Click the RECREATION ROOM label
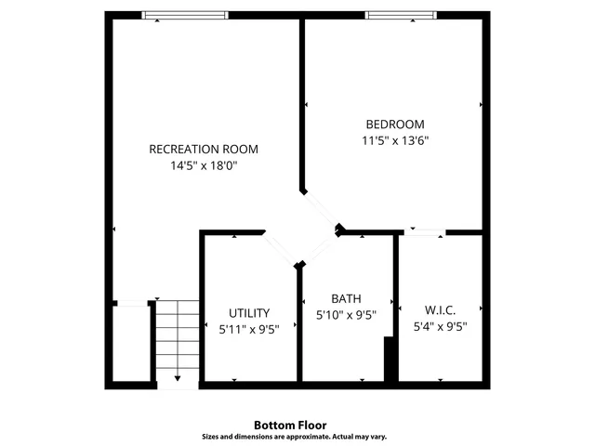coord(204,149)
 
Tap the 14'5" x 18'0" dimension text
coord(204,166)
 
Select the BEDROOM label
coord(395,125)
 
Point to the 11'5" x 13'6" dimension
coord(395,141)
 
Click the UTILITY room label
coord(249,313)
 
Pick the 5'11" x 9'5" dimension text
coord(249,329)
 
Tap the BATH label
coord(346,298)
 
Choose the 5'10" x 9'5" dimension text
coord(346,315)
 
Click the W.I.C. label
coord(440,309)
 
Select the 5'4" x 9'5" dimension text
coord(440,326)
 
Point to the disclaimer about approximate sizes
coord(295,437)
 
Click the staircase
coord(177,339)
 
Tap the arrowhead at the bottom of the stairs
coord(178,380)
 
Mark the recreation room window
coord(185,15)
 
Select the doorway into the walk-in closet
coord(423,231)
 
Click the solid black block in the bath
coord(390,359)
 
